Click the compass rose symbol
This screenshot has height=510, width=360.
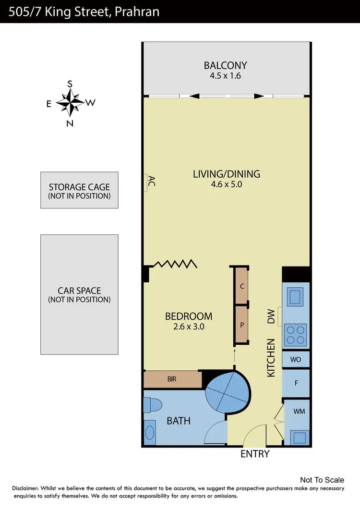[x=70, y=103]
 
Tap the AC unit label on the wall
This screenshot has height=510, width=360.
[x=151, y=182]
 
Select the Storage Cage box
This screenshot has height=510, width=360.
[x=79, y=191]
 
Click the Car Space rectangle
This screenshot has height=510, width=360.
[x=79, y=294]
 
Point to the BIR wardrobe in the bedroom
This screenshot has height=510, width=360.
[x=172, y=379]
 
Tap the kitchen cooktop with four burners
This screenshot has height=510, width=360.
[x=296, y=335]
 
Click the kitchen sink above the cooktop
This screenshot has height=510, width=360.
[x=295, y=297]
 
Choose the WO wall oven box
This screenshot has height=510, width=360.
[x=296, y=359]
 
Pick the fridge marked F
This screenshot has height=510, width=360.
[x=296, y=383]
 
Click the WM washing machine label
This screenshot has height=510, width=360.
[x=299, y=412]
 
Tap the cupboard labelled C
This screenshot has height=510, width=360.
[x=242, y=286]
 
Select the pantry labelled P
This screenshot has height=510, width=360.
[x=242, y=325]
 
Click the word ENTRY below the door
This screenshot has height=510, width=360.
[x=255, y=454]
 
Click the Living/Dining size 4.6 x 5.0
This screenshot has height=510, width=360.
[x=226, y=184]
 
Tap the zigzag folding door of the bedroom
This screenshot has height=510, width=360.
[x=175, y=264]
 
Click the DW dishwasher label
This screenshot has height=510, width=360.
[x=271, y=316]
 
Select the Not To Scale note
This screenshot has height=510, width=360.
[x=322, y=480]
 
